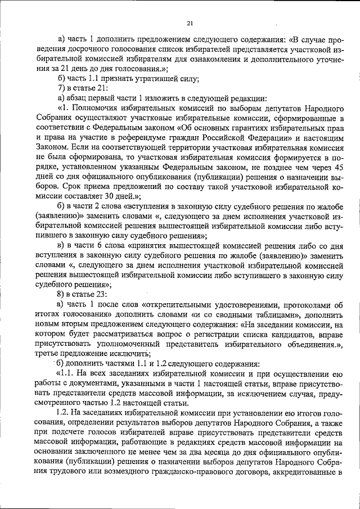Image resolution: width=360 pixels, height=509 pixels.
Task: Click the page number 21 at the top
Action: coord(189,23)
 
